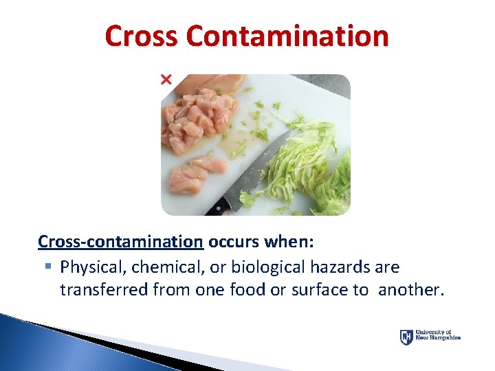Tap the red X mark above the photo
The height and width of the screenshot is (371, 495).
166,80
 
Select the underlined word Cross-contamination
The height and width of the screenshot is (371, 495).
120,242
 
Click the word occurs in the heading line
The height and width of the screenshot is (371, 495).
232,242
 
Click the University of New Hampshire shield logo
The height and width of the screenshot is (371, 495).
406,337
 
